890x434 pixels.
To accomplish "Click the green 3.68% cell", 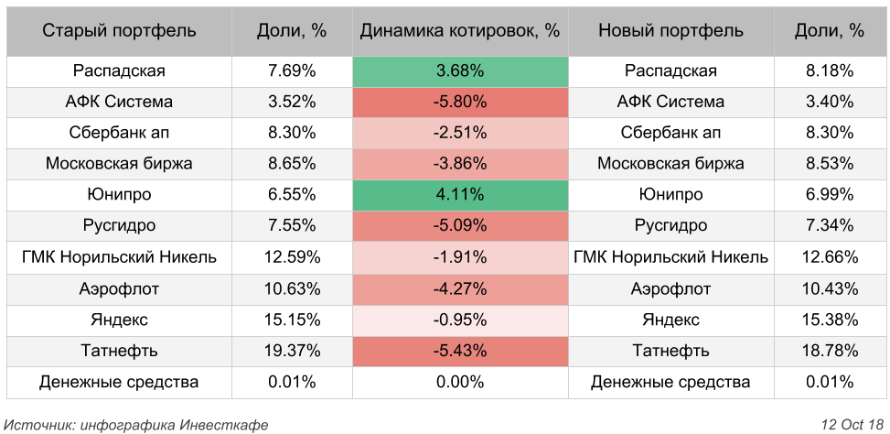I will (460, 71).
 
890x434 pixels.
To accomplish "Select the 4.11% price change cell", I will (460, 195).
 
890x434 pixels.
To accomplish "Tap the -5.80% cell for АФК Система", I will (460, 102).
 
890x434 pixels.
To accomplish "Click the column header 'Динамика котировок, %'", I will (460, 30).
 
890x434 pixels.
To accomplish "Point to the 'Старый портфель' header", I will (119, 30).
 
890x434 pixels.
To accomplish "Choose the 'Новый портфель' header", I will (670, 30).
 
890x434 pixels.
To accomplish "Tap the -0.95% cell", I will (460, 320).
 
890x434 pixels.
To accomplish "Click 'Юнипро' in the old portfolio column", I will (119, 195).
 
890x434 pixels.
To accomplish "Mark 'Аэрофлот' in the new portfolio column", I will (670, 288).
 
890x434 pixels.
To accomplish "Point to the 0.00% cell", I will (460, 382).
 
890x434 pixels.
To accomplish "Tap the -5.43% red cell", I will (460, 351).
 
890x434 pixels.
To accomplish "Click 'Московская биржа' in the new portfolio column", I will (670, 164).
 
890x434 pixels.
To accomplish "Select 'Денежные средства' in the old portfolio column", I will (119, 382).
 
